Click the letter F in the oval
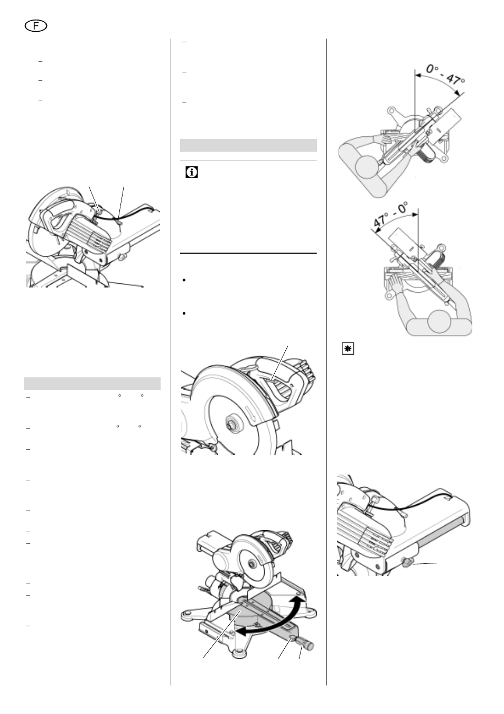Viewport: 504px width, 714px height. [x=36, y=26]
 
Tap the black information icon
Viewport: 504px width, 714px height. [x=191, y=172]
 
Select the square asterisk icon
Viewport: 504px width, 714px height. [x=348, y=349]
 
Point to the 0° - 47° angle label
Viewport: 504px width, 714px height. [x=445, y=75]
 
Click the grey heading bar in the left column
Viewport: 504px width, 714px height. [x=92, y=384]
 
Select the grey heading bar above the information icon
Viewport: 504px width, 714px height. [x=248, y=145]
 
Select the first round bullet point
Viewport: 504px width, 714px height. [x=184, y=280]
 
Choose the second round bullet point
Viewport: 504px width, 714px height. [x=184, y=313]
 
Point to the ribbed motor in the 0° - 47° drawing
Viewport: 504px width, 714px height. [x=427, y=155]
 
